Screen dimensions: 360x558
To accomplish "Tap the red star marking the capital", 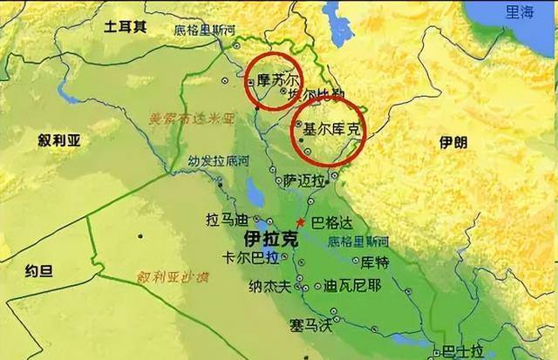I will (x=301, y=222).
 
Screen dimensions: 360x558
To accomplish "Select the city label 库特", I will (x=376, y=262).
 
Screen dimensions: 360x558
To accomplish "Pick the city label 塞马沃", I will (x=311, y=325).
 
